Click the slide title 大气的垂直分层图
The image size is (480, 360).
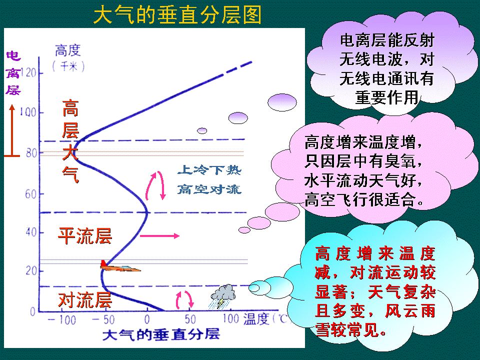point(177,15)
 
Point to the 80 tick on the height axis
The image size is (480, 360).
point(31,153)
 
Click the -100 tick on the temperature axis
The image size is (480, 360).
point(61,319)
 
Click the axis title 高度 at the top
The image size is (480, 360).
point(68,50)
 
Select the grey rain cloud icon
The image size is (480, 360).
point(223,295)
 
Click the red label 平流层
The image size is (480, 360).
point(84,235)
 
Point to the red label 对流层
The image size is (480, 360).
point(84,300)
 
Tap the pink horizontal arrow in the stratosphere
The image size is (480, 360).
point(159,235)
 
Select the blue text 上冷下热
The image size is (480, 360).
point(209,171)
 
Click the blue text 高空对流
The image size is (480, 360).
point(209,189)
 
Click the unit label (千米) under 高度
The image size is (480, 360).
point(68,65)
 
